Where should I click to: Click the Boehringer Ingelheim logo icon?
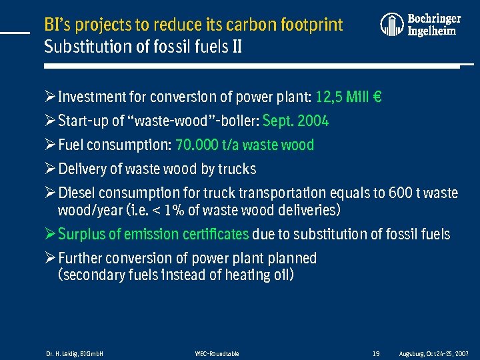pos(392,24)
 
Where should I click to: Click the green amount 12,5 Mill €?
pos(348,97)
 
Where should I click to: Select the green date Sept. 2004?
pos(296,121)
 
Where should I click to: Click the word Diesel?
pos(77,193)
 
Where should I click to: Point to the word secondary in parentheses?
pos(92,275)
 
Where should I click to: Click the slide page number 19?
pos(376,353)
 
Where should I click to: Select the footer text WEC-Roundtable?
pos(217,353)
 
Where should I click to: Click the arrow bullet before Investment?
pos(50,97)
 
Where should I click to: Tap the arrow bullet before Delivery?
pos(50,169)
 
